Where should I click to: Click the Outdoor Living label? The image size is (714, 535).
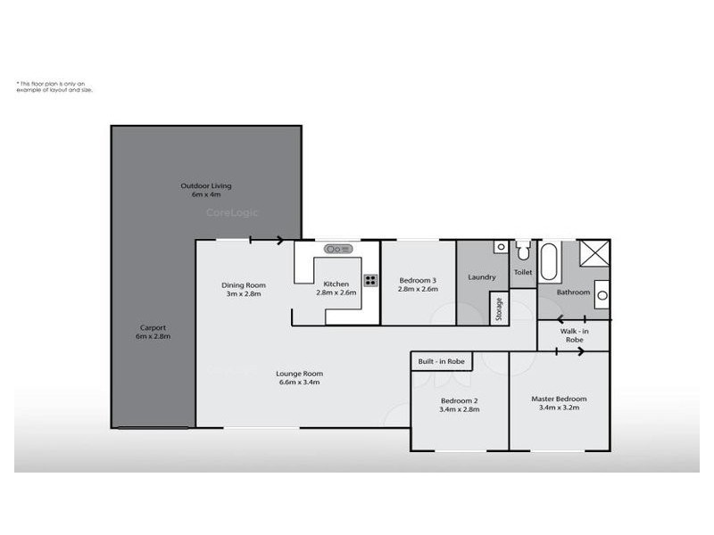click(x=206, y=185)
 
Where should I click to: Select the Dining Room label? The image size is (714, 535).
click(x=244, y=285)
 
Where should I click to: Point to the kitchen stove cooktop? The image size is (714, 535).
click(x=369, y=278)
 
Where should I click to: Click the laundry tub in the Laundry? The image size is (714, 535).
click(x=501, y=247)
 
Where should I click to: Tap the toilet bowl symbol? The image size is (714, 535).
click(x=524, y=249)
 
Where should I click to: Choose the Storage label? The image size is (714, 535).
click(x=499, y=309)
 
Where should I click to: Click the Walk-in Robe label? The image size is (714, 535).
click(x=574, y=335)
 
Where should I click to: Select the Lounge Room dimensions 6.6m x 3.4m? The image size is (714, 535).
click(x=299, y=382)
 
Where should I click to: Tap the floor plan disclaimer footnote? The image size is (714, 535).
click(x=54, y=87)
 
